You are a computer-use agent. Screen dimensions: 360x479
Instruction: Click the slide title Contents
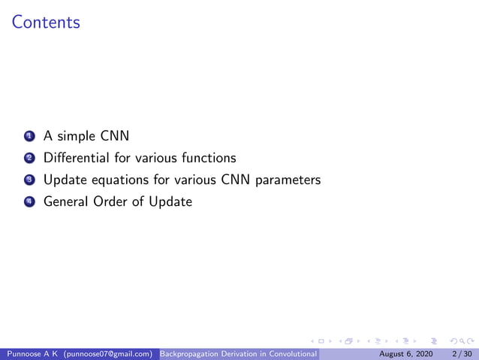(x=46, y=23)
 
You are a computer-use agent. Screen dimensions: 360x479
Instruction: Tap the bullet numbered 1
(x=29, y=137)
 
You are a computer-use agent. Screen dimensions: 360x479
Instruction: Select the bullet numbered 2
(x=29, y=159)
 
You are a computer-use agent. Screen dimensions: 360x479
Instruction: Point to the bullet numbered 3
(x=29, y=180)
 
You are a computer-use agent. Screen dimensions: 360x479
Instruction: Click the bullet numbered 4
(x=29, y=202)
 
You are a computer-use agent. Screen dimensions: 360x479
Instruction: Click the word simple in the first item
(x=76, y=137)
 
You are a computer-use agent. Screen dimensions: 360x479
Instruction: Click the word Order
(x=113, y=201)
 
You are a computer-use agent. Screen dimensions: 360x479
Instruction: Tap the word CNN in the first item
(x=115, y=137)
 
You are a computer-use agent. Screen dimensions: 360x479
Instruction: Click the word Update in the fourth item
(x=170, y=201)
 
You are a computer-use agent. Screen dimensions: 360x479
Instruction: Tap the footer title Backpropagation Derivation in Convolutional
(x=240, y=352)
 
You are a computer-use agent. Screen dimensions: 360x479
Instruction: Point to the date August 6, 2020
(x=405, y=352)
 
